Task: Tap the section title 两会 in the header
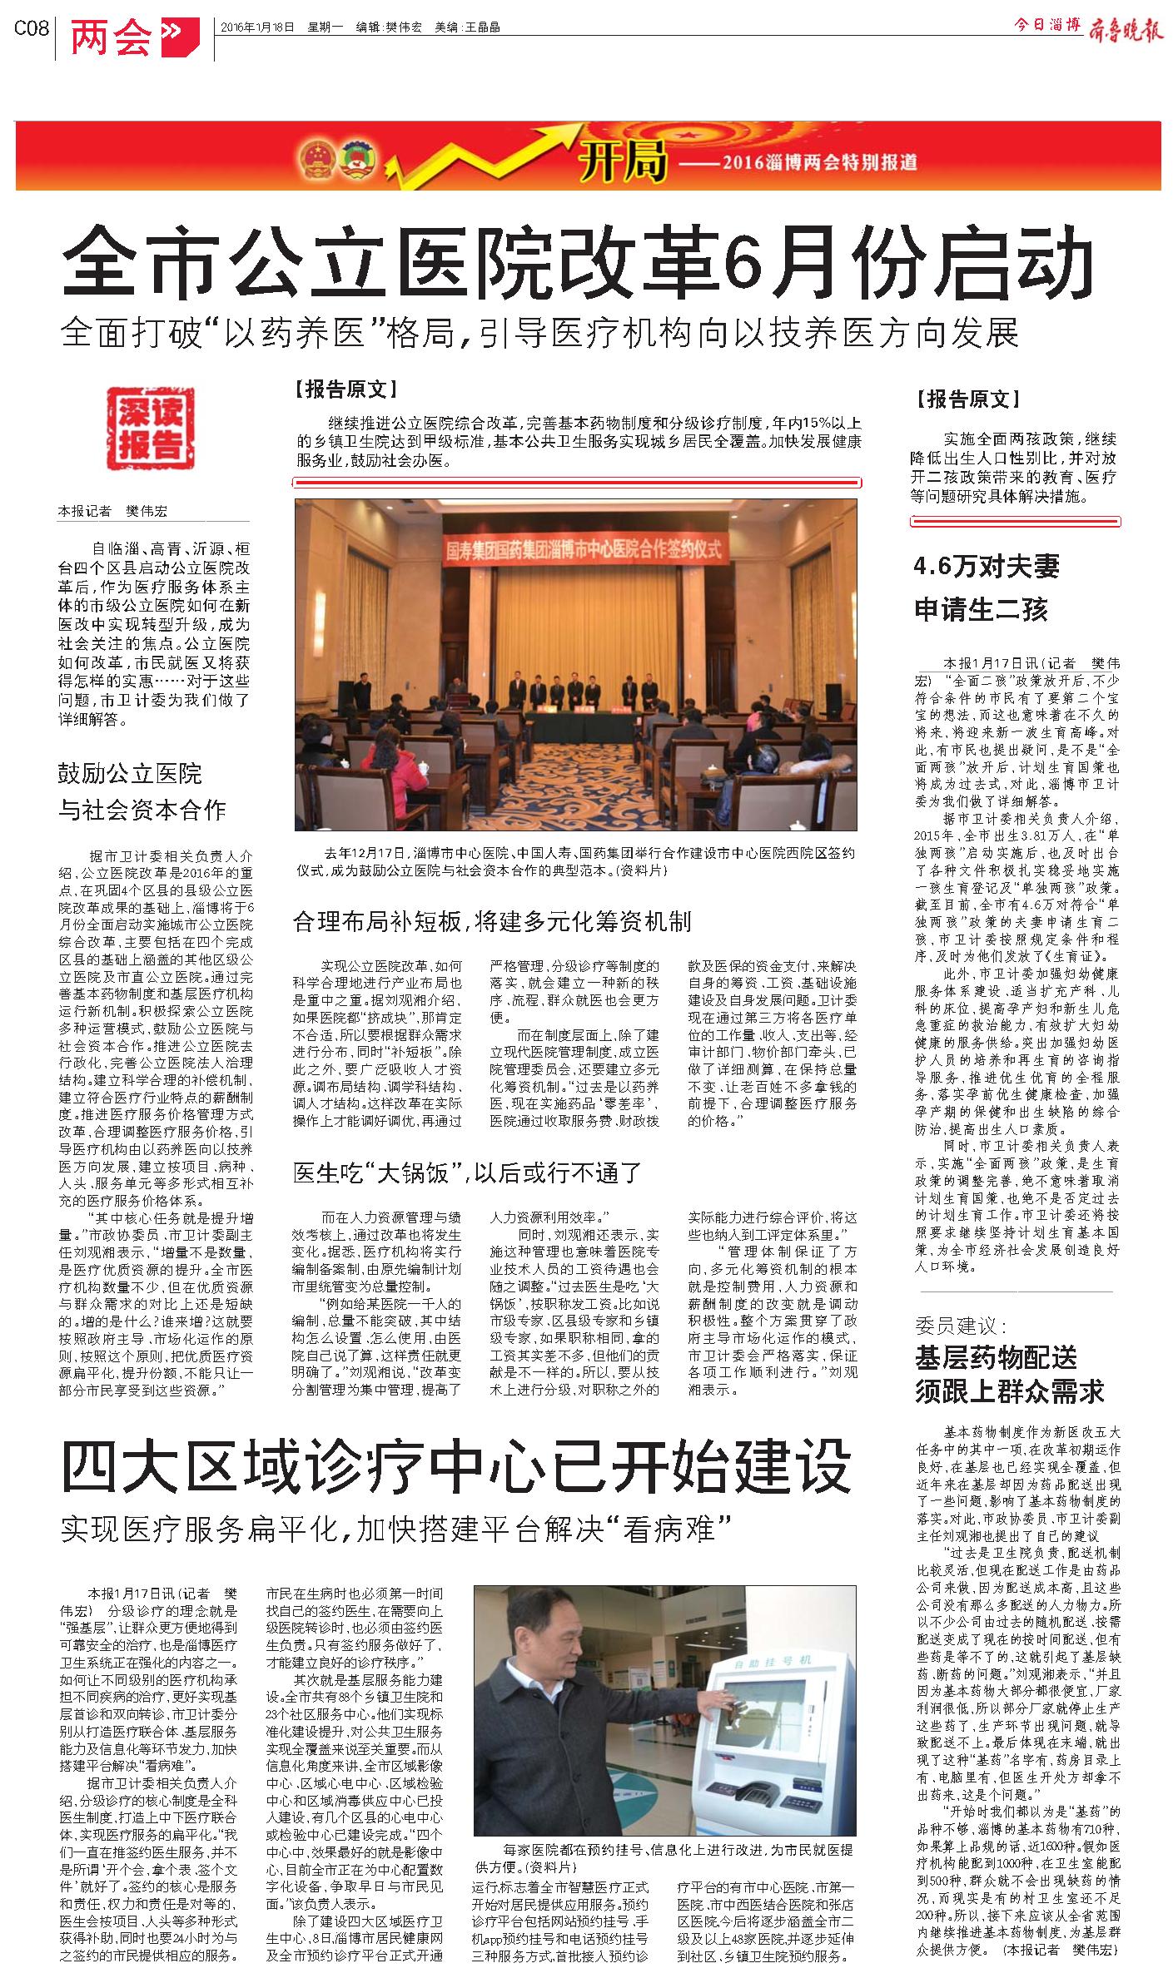[112, 37]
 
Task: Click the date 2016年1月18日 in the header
[257, 27]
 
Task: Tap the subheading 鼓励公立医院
[130, 774]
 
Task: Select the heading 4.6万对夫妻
[987, 568]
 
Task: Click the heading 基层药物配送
[996, 1358]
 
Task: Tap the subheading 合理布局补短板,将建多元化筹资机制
[492, 921]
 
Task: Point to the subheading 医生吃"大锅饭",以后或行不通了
[467, 1173]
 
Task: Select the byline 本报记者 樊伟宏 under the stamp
[112, 511]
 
